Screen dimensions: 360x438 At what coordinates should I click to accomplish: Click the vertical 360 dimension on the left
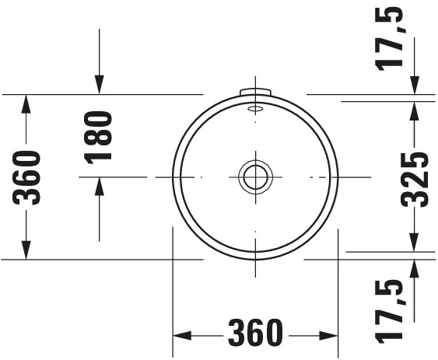[x=29, y=177]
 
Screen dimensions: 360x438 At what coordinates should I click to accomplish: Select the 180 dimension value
[x=99, y=137]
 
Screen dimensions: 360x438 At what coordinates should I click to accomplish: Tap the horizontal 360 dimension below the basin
[x=255, y=334]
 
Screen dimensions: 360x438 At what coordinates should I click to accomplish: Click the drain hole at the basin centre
[x=255, y=177]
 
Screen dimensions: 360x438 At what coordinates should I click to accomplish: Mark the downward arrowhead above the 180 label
[x=99, y=85]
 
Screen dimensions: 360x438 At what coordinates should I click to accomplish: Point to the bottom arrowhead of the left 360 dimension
[x=27, y=250]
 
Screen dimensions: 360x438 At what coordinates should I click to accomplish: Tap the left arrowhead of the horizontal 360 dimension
[x=180, y=335]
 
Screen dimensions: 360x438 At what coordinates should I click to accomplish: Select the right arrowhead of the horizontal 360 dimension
[x=330, y=335]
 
